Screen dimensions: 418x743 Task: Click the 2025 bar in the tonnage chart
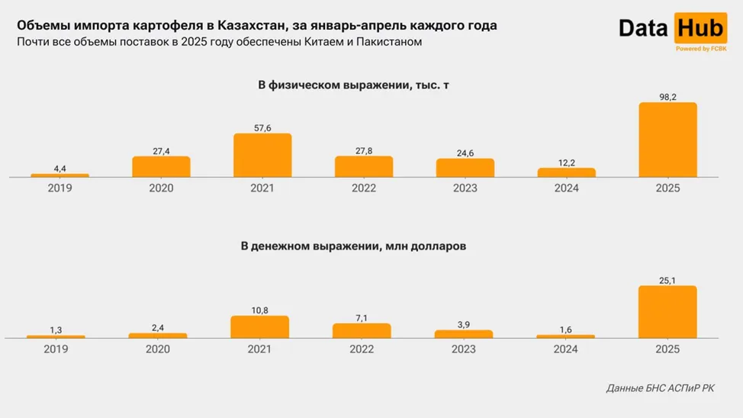(667, 140)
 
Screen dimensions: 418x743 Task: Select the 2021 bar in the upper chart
(262, 155)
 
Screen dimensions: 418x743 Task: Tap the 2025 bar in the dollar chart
(667, 311)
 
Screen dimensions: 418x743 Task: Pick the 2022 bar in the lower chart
(362, 330)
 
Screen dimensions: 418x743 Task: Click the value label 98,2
(667, 95)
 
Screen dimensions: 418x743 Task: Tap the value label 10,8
(259, 309)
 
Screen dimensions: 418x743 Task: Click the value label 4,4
(60, 167)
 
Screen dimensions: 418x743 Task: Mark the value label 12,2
(566, 161)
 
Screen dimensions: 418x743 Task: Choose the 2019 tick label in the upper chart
(60, 188)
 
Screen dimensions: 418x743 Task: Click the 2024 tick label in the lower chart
(566, 349)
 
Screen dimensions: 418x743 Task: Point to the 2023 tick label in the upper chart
(465, 188)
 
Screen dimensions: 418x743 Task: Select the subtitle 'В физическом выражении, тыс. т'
(353, 85)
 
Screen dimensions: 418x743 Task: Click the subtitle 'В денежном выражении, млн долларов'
(353, 246)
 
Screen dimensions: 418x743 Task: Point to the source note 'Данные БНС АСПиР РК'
(661, 388)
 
